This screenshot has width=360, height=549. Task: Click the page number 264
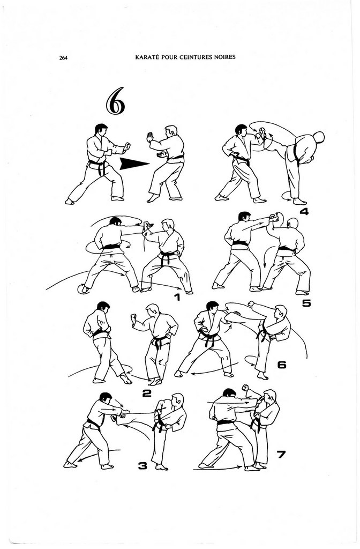tap(63, 58)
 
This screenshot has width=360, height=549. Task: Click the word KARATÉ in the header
tap(146, 57)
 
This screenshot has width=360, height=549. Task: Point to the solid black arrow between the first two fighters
tap(134, 164)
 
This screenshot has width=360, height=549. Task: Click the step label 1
tap(177, 298)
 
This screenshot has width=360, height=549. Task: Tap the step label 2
tap(147, 394)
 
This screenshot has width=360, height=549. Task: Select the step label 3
tap(142, 466)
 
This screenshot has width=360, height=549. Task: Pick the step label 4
tap(304, 211)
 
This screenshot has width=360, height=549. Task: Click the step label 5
tap(306, 303)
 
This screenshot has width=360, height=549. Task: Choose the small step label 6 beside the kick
tap(282, 365)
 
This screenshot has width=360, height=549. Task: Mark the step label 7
tap(281, 455)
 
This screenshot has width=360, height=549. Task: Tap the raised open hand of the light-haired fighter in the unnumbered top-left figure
tap(151, 137)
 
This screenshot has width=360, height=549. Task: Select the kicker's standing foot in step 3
tap(162, 467)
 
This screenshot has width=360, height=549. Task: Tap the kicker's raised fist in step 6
tap(251, 303)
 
